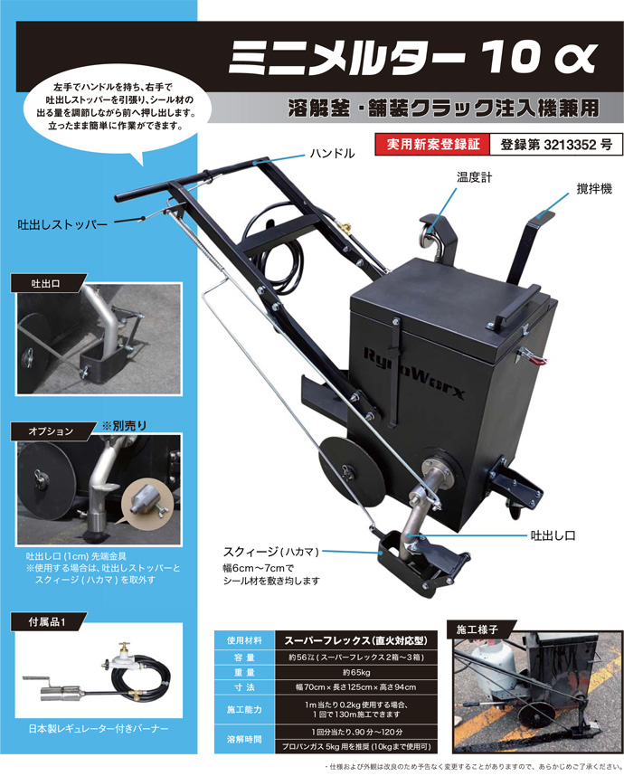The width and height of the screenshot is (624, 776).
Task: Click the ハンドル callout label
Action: point(332,154)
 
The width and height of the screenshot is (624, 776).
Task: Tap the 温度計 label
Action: point(475,177)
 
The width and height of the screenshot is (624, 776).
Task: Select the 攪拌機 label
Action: point(594,188)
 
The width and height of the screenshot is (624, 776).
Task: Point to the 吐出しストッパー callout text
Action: point(62,224)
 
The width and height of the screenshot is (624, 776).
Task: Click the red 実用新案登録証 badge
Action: point(432,145)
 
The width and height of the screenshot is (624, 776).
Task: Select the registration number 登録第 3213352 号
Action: point(556,145)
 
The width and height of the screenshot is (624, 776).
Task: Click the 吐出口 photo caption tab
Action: point(45,284)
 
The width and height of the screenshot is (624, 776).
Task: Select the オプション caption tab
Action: point(51,431)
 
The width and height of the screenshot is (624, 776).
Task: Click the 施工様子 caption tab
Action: point(477,629)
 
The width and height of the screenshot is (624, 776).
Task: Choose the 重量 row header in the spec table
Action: point(244,672)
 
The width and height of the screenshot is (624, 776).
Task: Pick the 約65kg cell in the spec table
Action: point(356,672)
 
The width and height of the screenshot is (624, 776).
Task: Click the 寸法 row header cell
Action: point(244,687)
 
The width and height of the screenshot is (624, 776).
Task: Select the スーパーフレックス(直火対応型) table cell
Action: point(356,640)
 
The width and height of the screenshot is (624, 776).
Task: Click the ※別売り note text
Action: point(124,426)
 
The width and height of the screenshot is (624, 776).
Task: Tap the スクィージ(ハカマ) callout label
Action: point(271,552)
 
